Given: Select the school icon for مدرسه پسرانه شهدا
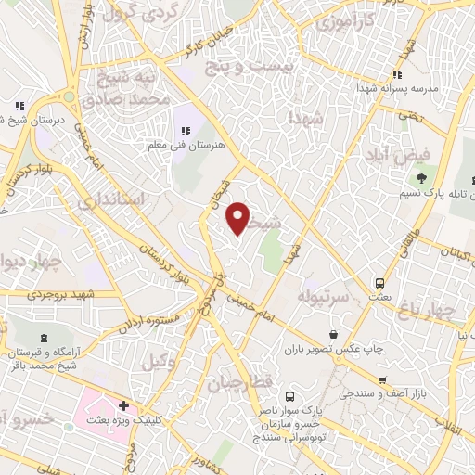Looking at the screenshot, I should tap(396, 75).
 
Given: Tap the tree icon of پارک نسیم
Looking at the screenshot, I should tap(423, 176).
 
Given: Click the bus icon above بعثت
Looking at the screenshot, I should tap(379, 281).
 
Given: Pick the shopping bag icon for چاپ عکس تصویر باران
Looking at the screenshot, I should tap(333, 333).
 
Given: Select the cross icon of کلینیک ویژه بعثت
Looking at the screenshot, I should tap(123, 406).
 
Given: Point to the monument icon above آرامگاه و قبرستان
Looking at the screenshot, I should tap(45, 338).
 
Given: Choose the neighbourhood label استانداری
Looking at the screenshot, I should tap(109, 199).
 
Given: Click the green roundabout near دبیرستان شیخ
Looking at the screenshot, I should tap(68, 96).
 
